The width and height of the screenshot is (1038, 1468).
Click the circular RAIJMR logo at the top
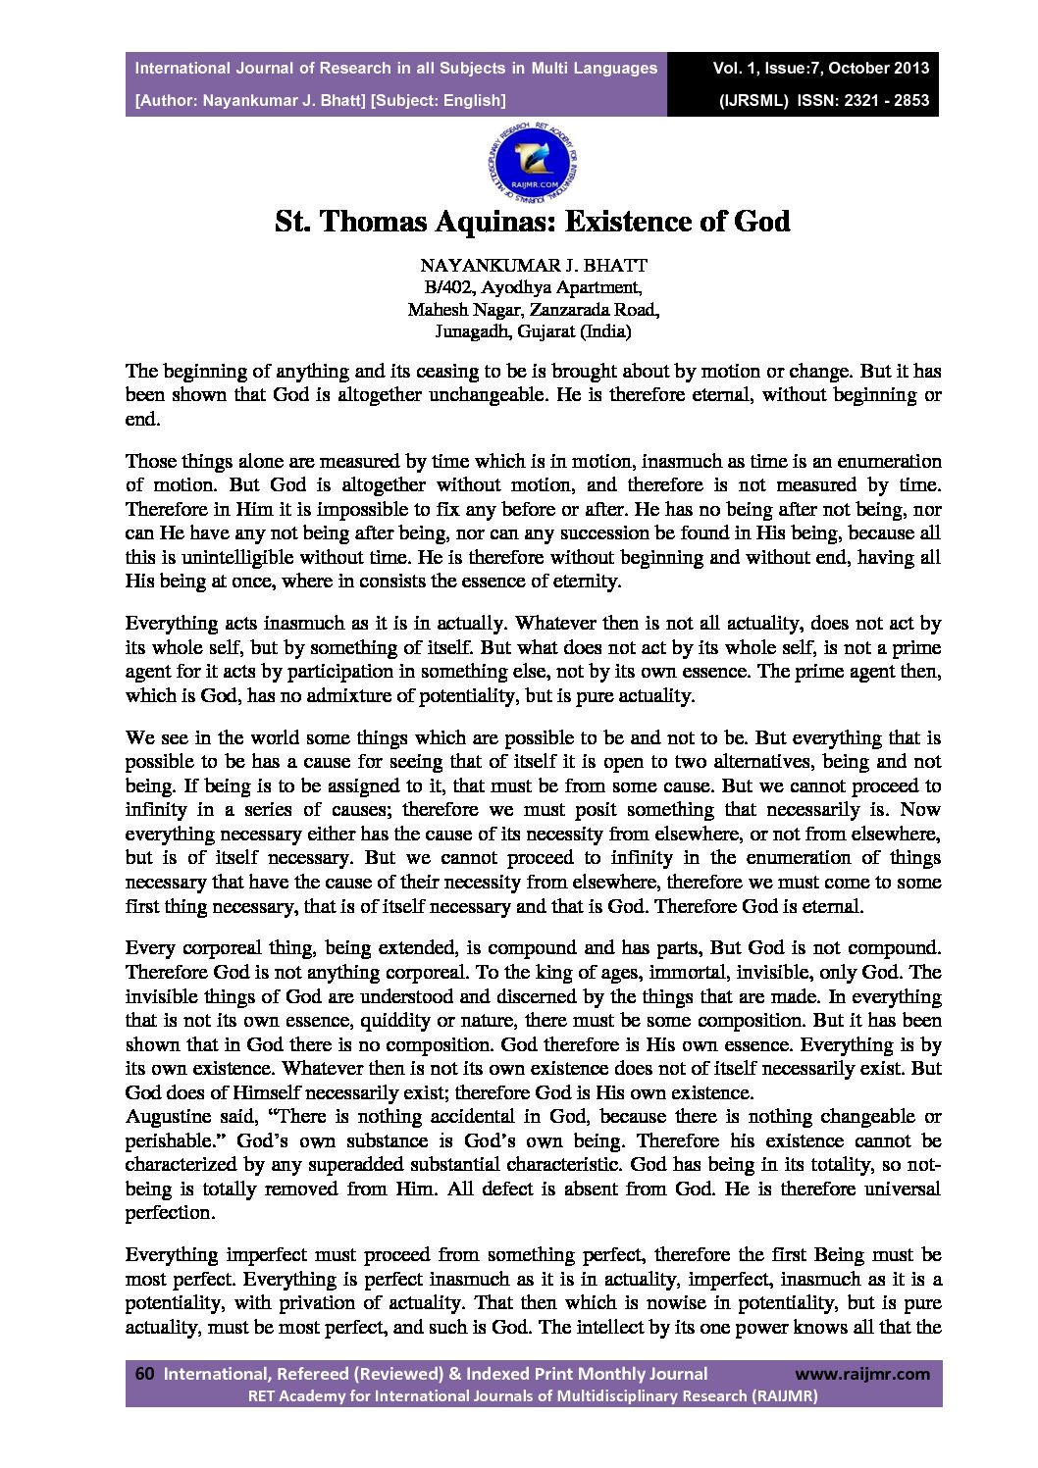[x=533, y=160]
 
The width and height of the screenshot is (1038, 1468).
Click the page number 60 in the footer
[x=144, y=1374]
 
